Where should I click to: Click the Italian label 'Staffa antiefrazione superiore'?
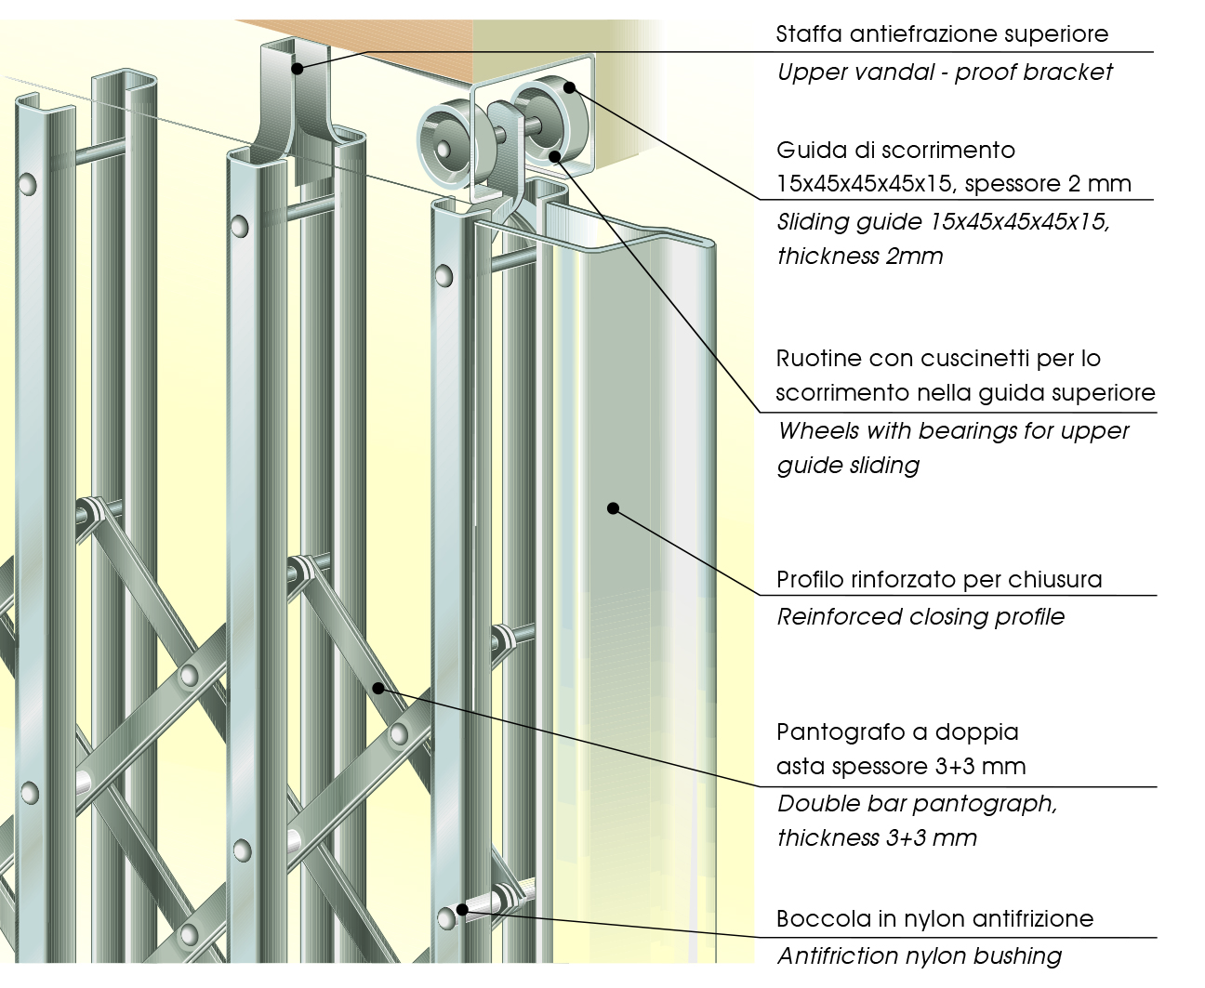(942, 34)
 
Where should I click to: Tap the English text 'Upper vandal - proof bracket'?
(945, 72)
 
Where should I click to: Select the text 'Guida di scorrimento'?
(895, 151)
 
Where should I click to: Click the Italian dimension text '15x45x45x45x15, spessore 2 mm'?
(953, 184)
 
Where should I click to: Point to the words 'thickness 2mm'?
(860, 257)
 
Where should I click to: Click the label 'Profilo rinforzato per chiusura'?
(939, 580)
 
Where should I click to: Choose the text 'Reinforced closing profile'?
(920, 617)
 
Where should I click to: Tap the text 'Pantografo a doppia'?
(897, 732)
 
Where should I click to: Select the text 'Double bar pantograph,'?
(917, 804)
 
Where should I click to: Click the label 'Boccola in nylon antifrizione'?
(934, 919)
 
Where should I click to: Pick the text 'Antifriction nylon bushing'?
(920, 956)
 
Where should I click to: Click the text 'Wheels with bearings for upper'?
(953, 431)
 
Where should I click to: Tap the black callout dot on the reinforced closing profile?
(613, 507)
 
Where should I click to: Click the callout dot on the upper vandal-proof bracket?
(297, 68)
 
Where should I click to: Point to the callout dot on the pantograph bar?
(378, 688)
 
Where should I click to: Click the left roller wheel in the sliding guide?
(445, 143)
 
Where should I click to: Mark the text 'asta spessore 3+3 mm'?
(901, 767)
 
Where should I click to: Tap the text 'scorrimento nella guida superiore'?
(965, 393)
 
